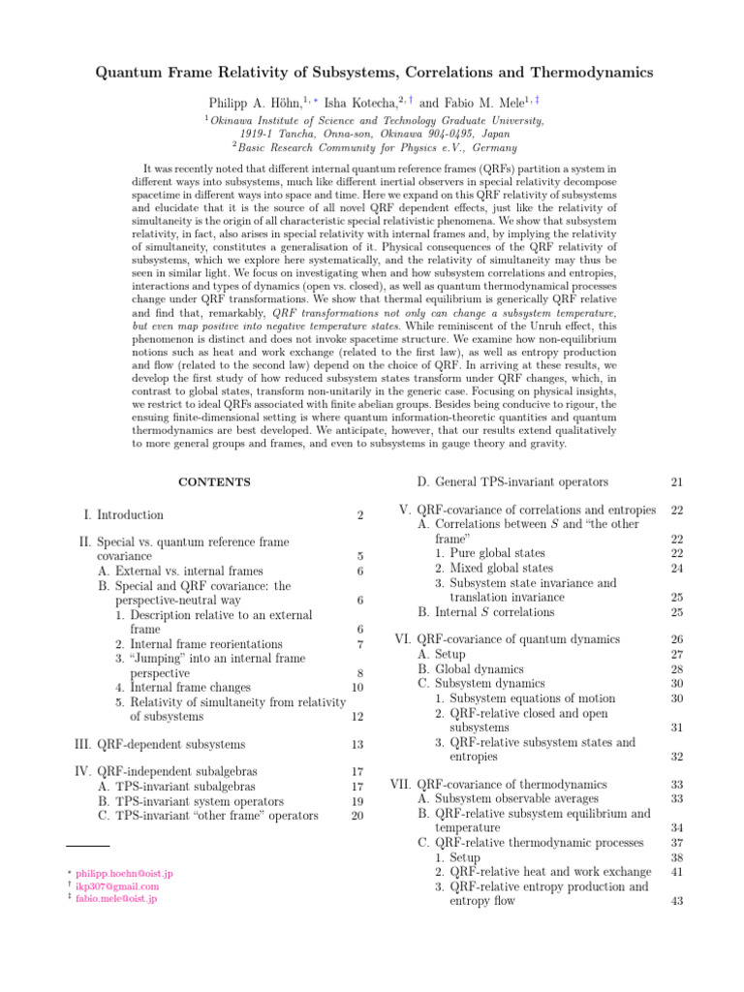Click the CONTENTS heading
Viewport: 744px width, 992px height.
[x=214, y=481]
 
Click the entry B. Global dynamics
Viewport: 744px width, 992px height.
[x=470, y=668]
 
